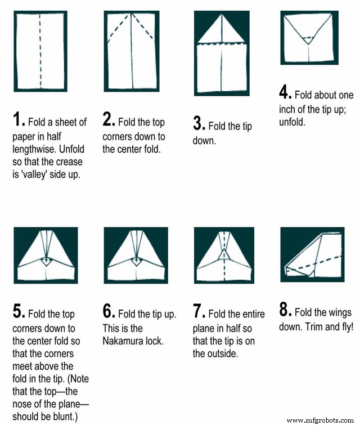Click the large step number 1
pyautogui.click(x=17, y=119)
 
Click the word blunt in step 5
pyautogui.click(x=64, y=416)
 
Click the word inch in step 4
pyautogui.click(x=287, y=109)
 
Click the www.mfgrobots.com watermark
pyautogui.click(x=320, y=420)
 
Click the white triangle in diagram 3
pyautogui.click(x=222, y=29)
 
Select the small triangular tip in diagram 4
pyautogui.click(x=308, y=41)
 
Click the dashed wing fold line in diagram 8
pyautogui.click(x=315, y=263)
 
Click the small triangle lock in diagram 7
pyautogui.click(x=224, y=254)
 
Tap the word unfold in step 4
pyautogui.click(x=292, y=122)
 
